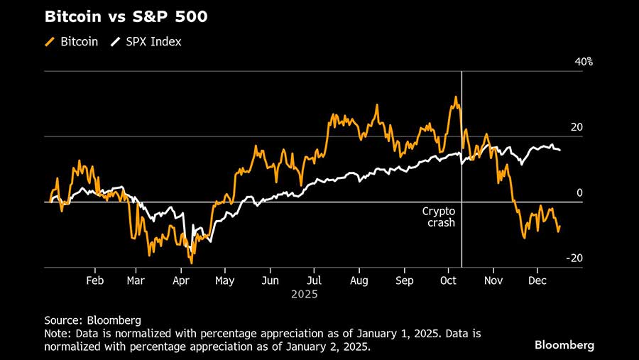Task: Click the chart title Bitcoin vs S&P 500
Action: pyautogui.click(x=126, y=16)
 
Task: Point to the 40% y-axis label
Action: pyautogui.click(x=583, y=62)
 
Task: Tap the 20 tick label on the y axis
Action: pyautogui.click(x=577, y=127)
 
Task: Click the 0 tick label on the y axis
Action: pyautogui.click(x=579, y=192)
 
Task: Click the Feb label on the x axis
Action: pyautogui.click(x=94, y=280)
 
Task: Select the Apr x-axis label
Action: pyautogui.click(x=181, y=280)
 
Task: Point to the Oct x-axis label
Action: pyautogui.click(x=448, y=280)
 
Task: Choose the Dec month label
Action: pyautogui.click(x=537, y=280)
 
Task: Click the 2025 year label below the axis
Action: pyautogui.click(x=304, y=294)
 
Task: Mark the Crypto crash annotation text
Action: pyautogui.click(x=439, y=217)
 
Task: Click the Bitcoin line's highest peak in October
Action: pyautogui.click(x=454, y=97)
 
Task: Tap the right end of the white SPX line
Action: pyautogui.click(x=560, y=150)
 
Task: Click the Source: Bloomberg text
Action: pyautogui.click(x=92, y=320)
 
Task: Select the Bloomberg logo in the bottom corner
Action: pyautogui.click(x=564, y=344)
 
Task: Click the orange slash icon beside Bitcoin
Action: pyautogui.click(x=50, y=42)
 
